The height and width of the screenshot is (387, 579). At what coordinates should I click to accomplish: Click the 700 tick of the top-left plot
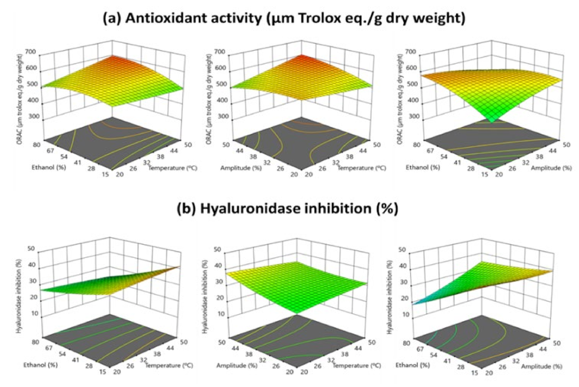[x=31, y=52]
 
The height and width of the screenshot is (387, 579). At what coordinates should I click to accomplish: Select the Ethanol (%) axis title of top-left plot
[x=49, y=167]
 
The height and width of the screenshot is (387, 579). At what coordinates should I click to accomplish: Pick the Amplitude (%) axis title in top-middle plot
[x=241, y=168]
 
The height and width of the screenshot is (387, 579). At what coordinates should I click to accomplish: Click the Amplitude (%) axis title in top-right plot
[x=551, y=168]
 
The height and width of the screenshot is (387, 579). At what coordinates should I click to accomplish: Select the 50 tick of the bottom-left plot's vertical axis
[x=31, y=249]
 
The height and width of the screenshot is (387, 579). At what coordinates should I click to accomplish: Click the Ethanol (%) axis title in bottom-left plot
[x=41, y=365]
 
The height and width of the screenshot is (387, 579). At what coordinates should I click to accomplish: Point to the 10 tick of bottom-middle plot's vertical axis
[x=221, y=314]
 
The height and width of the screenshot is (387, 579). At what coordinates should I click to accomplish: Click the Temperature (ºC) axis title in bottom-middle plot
[x=357, y=365]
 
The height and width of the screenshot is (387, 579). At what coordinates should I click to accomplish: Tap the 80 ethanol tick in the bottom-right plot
[x=407, y=343]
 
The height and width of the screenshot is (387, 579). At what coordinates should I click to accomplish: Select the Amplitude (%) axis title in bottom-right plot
[x=541, y=366]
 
